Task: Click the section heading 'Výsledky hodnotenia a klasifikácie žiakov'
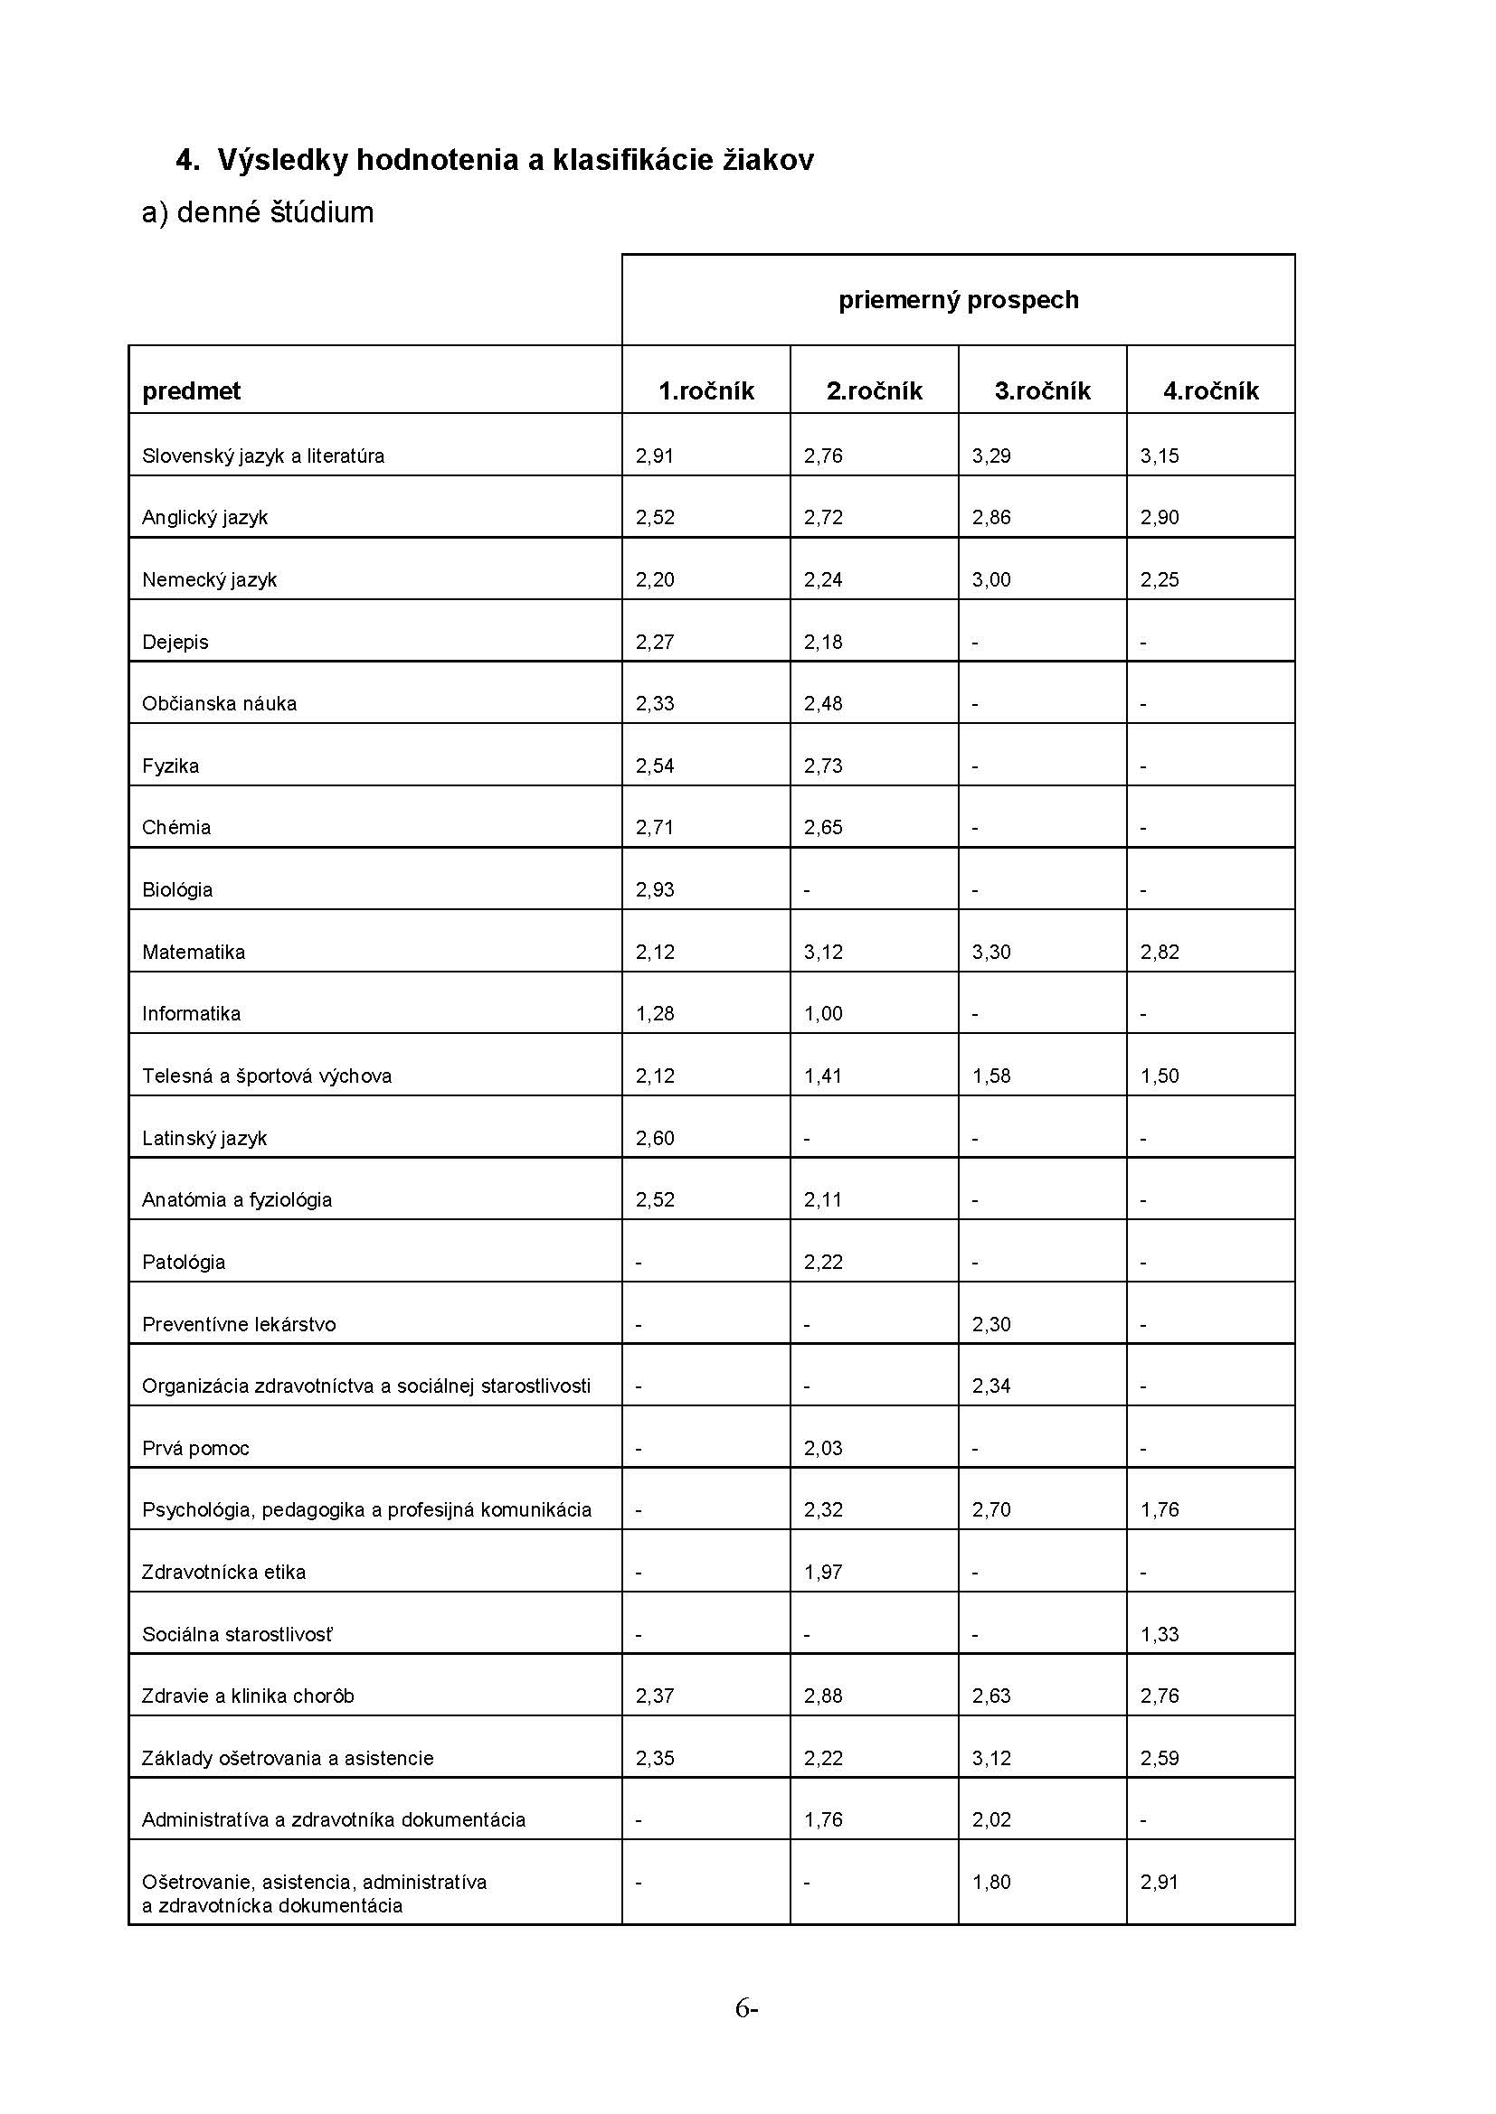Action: pyautogui.click(x=515, y=160)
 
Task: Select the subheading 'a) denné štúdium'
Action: pyautogui.click(x=258, y=212)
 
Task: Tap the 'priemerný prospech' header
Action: pyautogui.click(x=958, y=300)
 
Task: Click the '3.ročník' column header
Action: pyautogui.click(x=1042, y=391)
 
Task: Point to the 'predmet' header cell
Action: pyautogui.click(x=191, y=391)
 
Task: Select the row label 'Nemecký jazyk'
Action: pyautogui.click(x=209, y=580)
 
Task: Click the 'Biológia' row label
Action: pyautogui.click(x=177, y=890)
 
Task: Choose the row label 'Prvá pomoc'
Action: pyautogui.click(x=195, y=1448)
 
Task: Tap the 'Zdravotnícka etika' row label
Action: pyautogui.click(x=223, y=1573)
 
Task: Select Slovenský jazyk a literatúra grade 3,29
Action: pyautogui.click(x=991, y=456)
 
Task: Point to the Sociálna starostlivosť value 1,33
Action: pyautogui.click(x=1159, y=1634)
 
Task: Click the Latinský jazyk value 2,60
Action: pyautogui.click(x=654, y=1138)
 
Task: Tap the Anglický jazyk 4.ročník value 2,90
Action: pyautogui.click(x=1159, y=518)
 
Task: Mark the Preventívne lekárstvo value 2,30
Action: pyautogui.click(x=991, y=1324)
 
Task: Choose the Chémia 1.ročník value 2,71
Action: pyautogui.click(x=654, y=828)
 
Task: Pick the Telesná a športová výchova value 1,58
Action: pyautogui.click(x=991, y=1076)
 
